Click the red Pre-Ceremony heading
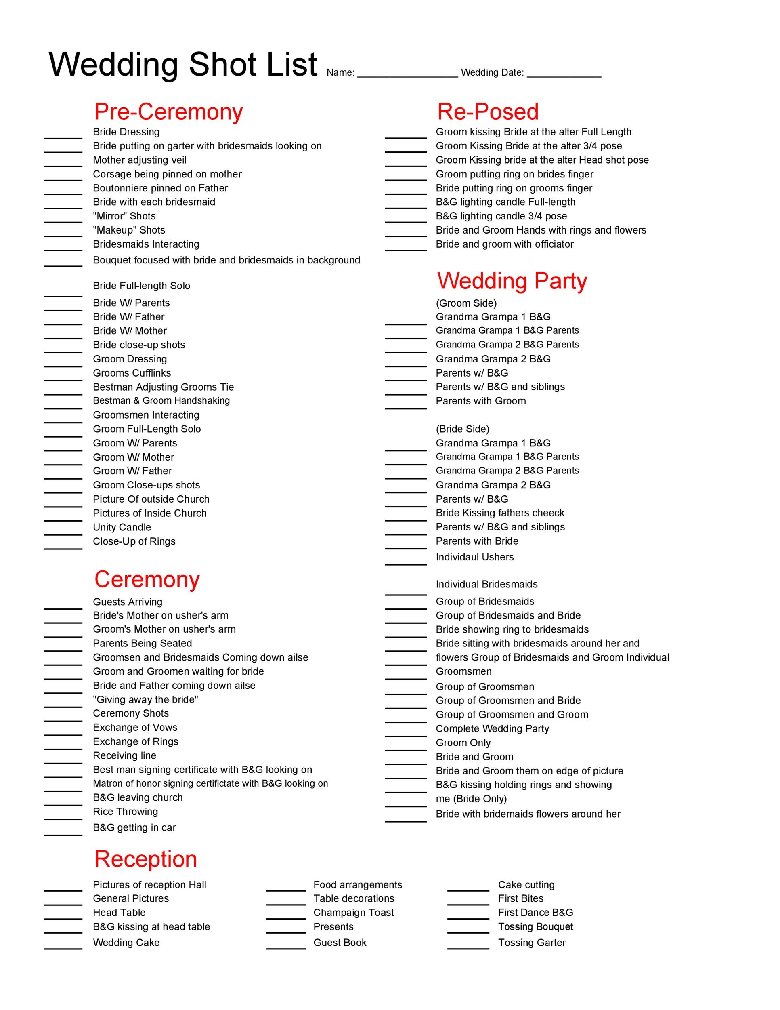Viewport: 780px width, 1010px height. [x=168, y=112]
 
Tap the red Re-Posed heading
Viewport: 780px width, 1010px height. [x=488, y=112]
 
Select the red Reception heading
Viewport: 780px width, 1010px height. [x=146, y=859]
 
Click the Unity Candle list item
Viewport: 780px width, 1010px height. [x=122, y=527]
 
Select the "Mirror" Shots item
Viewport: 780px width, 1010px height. [x=124, y=216]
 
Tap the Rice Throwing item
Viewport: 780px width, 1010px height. [x=125, y=812]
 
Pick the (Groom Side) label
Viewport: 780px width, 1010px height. [x=466, y=303]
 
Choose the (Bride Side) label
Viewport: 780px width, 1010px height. [x=462, y=429]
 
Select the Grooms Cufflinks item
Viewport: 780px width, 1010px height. [x=132, y=373]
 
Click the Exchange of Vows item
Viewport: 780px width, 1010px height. [x=135, y=728]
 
